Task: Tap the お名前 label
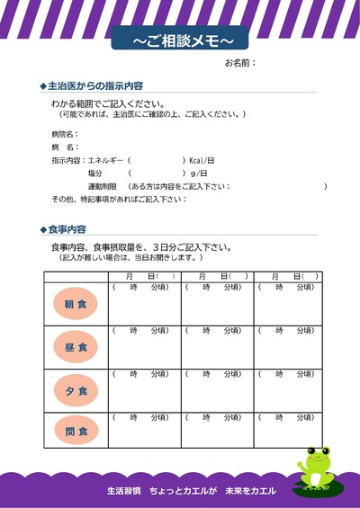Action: coord(240,64)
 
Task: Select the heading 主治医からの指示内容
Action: coord(94,85)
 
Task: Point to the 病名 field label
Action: coord(66,147)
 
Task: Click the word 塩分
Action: coord(95,173)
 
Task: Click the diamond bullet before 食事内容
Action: coord(43,229)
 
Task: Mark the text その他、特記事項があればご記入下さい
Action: coord(119,199)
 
